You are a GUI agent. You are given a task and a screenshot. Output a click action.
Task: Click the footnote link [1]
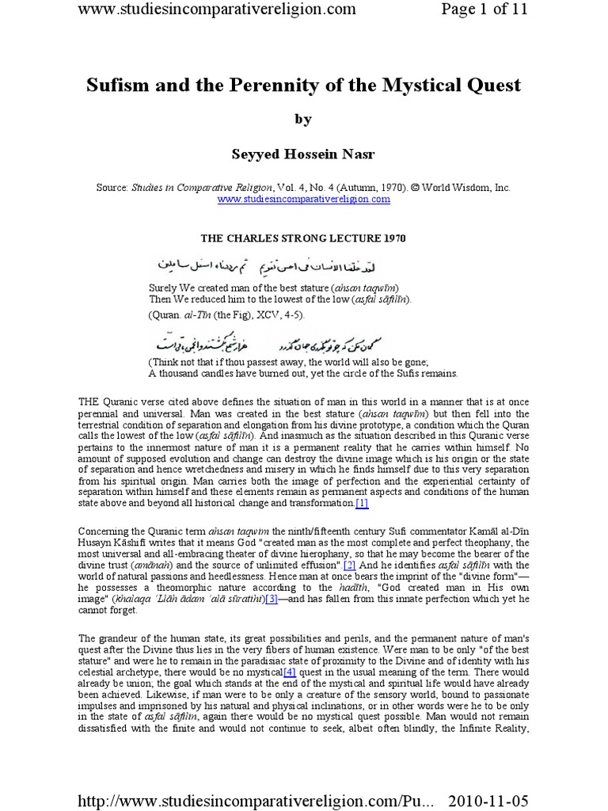(x=362, y=503)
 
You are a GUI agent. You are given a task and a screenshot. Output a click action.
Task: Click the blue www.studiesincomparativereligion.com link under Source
(x=304, y=199)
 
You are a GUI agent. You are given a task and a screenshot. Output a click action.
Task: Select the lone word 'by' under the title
(x=303, y=120)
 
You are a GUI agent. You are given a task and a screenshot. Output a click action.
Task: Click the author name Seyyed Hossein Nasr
(x=303, y=154)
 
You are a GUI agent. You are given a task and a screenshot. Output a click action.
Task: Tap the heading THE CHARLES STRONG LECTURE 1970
(x=303, y=237)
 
